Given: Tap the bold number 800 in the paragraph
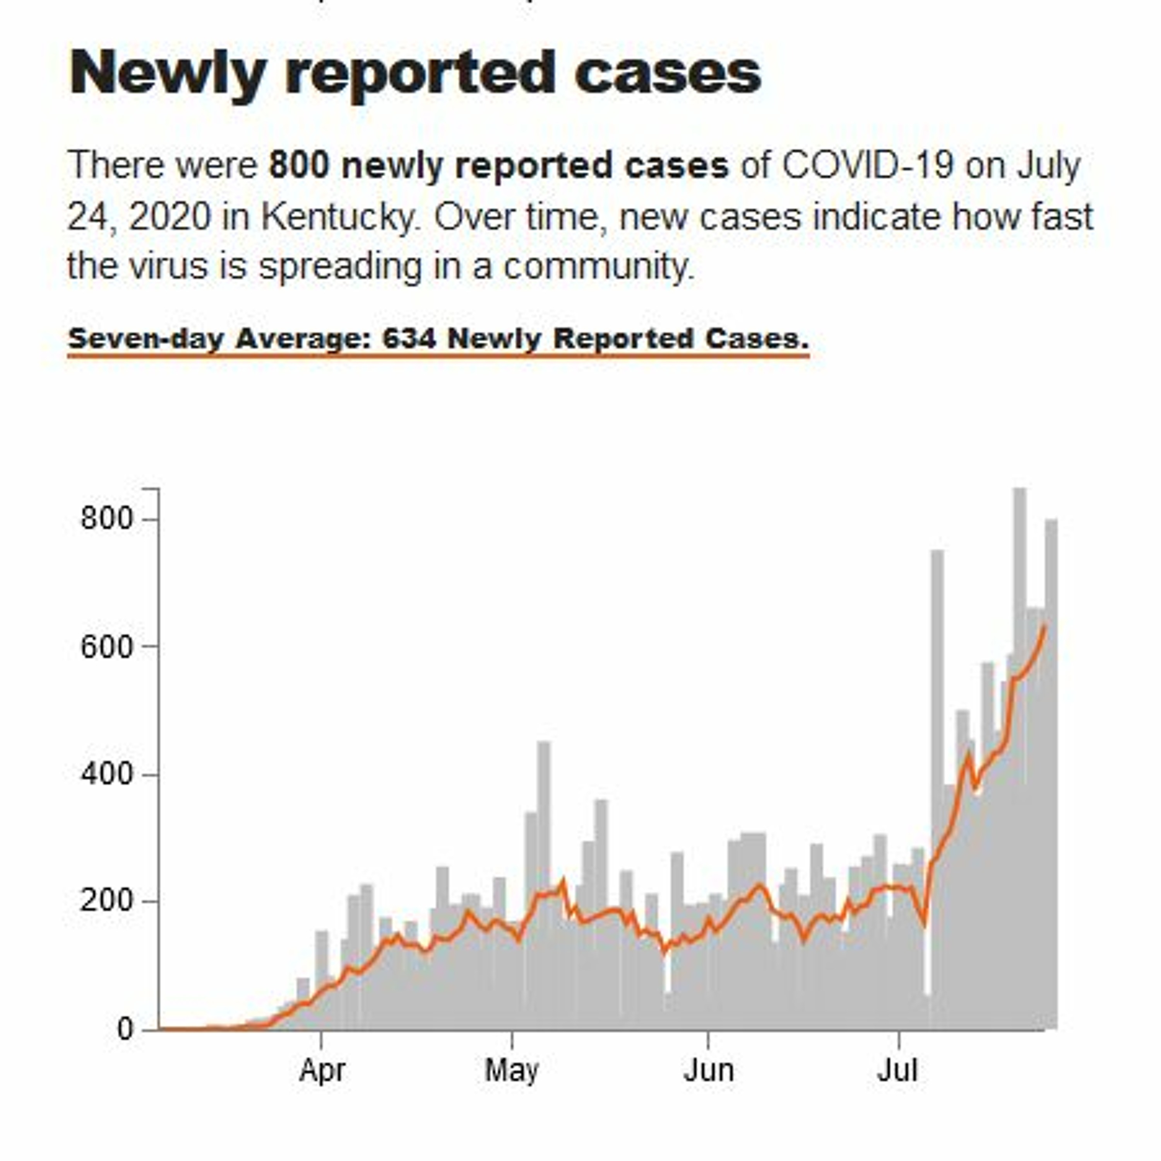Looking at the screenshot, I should (299, 165).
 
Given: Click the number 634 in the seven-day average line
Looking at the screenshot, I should (409, 339).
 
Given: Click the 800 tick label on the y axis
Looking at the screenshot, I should (106, 518).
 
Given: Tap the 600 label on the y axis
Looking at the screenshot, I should (106, 647).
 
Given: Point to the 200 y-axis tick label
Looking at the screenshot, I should (106, 901).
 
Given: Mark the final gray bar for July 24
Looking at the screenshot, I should (1051, 781).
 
